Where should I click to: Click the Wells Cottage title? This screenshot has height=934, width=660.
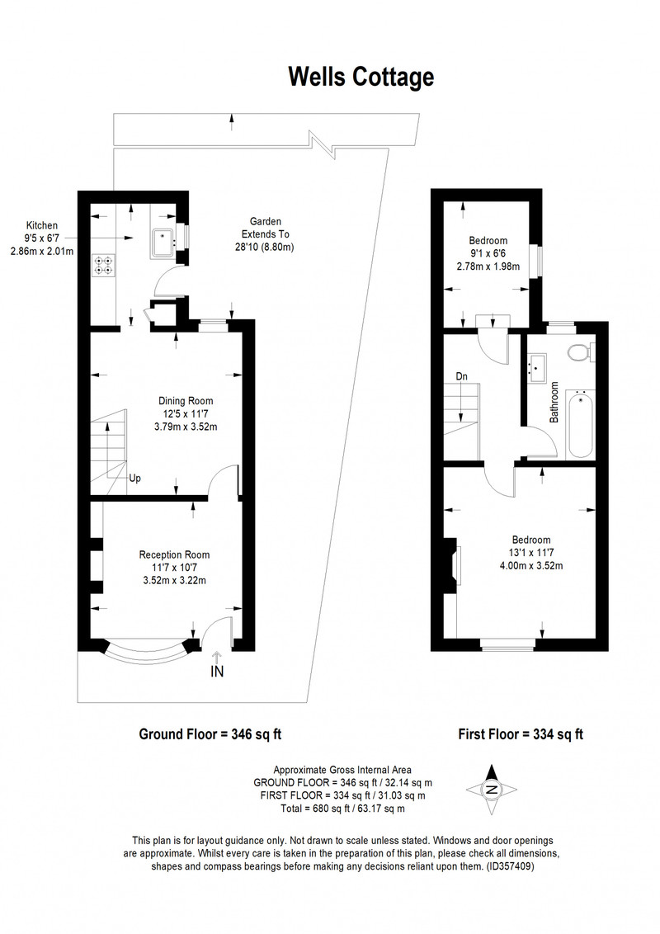pyautogui.click(x=361, y=78)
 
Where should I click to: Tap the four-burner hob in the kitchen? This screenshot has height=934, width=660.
pyautogui.click(x=104, y=265)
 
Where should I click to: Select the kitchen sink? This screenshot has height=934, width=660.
pyautogui.click(x=163, y=243)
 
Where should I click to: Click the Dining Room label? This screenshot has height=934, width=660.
pyautogui.click(x=186, y=414)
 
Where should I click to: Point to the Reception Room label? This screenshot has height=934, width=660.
pyautogui.click(x=175, y=567)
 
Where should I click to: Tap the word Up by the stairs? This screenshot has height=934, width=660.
pyautogui.click(x=135, y=479)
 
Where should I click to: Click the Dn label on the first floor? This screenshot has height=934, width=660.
pyautogui.click(x=462, y=376)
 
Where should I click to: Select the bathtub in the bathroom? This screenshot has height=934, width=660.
pyautogui.click(x=580, y=424)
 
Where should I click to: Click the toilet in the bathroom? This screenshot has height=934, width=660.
pyautogui.click(x=581, y=352)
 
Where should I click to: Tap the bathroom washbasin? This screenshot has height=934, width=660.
pyautogui.click(x=538, y=368)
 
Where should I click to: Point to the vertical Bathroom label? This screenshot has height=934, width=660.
pyautogui.click(x=554, y=403)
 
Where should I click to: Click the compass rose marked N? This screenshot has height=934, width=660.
pyautogui.click(x=492, y=790)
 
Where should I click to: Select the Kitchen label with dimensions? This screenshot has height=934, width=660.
pyautogui.click(x=42, y=238)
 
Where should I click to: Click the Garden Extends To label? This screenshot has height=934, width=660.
pyautogui.click(x=266, y=234)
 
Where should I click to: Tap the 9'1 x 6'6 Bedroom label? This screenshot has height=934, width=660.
pyautogui.click(x=488, y=253)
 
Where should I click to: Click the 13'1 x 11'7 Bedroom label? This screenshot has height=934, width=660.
pyautogui.click(x=530, y=553)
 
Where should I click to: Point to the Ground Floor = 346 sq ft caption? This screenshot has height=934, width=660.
pyautogui.click(x=210, y=734)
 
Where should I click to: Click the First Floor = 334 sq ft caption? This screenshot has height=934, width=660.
pyautogui.click(x=521, y=734)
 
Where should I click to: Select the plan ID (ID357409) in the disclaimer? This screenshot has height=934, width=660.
pyautogui.click(x=511, y=866)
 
